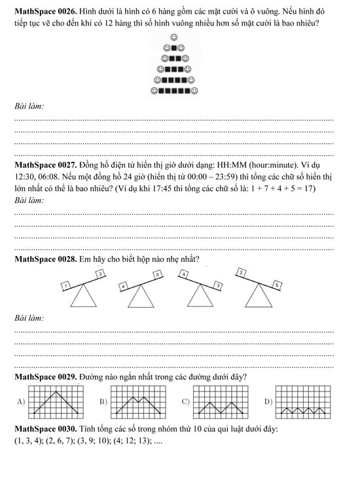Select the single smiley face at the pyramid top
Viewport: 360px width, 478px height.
tap(174, 37)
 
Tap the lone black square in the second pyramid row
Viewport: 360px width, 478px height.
tap(174, 47)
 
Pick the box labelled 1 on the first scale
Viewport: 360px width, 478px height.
tap(66, 285)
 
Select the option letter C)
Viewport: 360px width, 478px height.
tap(185, 401)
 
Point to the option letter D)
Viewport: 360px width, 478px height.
tap(266, 401)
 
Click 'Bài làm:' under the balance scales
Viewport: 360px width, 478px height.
tap(30, 318)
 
